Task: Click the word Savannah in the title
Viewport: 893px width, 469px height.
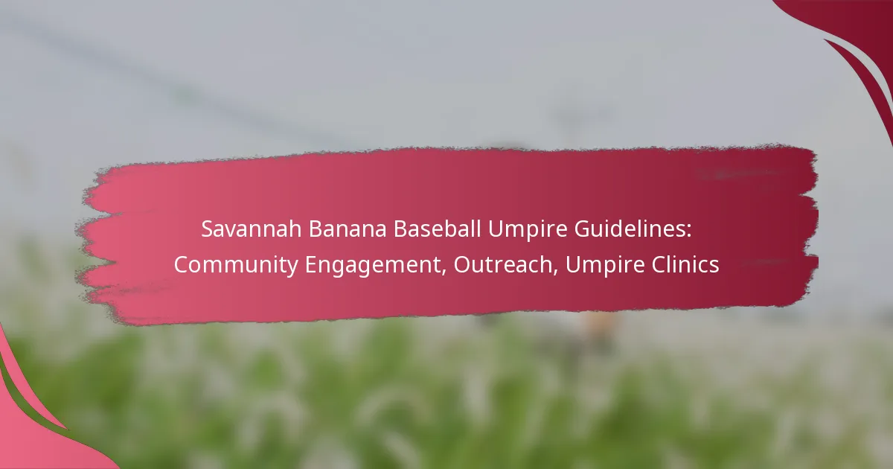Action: pyautogui.click(x=252, y=229)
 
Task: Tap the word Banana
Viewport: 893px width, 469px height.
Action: pyautogui.click(x=348, y=229)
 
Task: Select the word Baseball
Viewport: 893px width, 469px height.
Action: pyautogui.click(x=437, y=229)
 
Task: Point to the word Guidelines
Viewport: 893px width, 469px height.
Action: pyautogui.click(x=630, y=229)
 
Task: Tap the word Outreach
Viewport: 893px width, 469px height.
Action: pyautogui.click(x=502, y=264)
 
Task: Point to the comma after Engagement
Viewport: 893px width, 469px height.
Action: pyautogui.click(x=444, y=272)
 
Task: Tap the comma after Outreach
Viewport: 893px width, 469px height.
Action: pyautogui.click(x=554, y=272)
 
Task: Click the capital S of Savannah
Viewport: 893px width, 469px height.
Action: pyautogui.click(x=208, y=229)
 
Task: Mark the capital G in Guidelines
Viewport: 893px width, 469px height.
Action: pyautogui.click(x=583, y=229)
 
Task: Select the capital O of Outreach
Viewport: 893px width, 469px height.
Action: pyautogui.click(x=463, y=265)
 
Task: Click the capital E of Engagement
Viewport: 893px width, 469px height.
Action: pyautogui.click(x=311, y=265)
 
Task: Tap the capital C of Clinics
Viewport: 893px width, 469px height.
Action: pyautogui.click(x=659, y=265)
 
